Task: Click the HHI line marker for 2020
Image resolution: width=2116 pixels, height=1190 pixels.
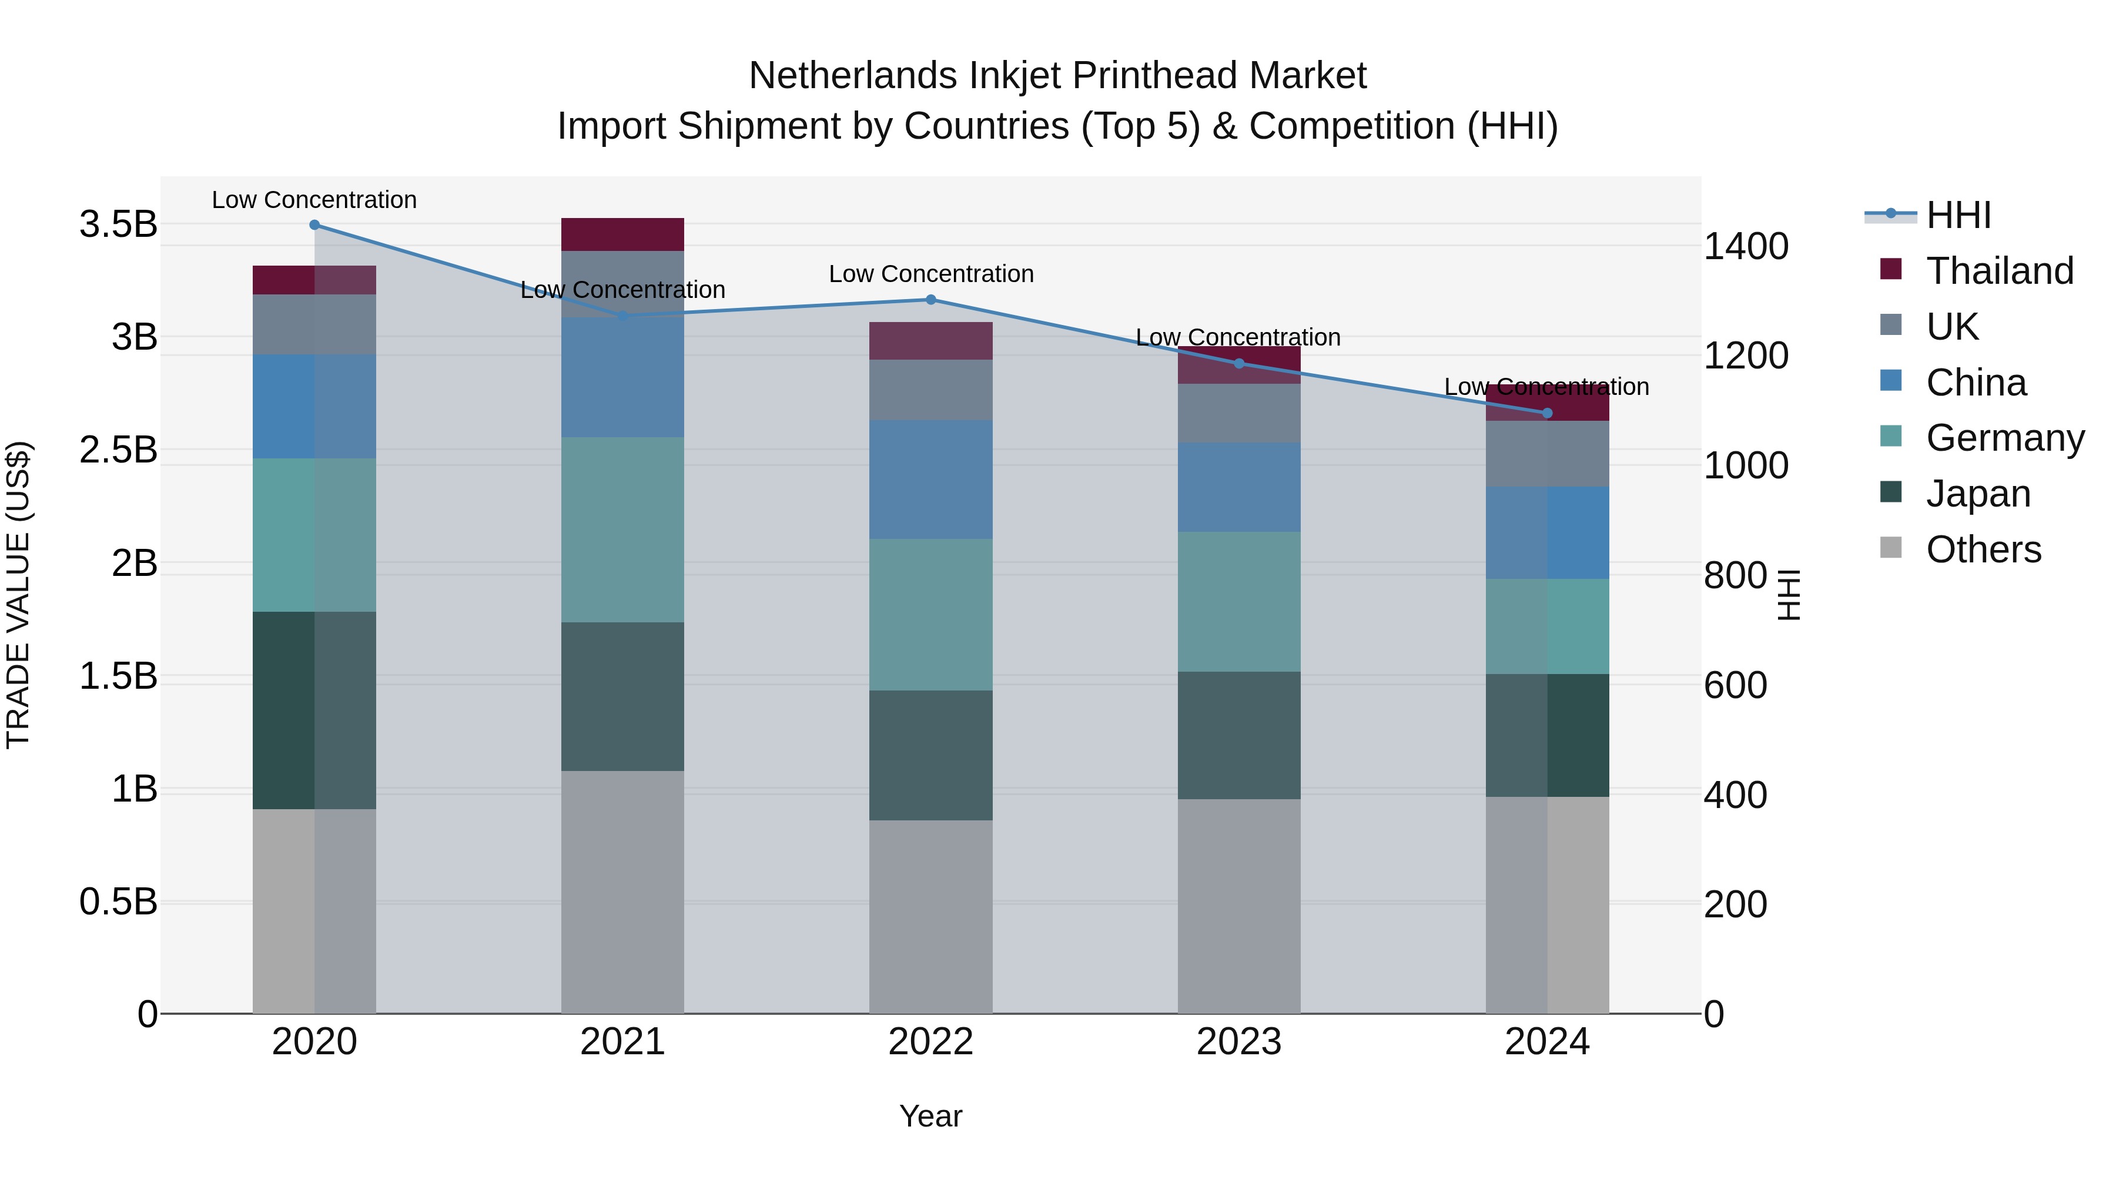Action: [x=314, y=225]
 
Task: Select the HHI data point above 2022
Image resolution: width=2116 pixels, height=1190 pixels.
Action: [x=930, y=300]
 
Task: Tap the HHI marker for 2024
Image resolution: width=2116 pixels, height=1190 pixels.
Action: [x=1548, y=413]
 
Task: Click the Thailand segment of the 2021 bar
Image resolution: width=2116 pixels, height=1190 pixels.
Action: [x=622, y=234]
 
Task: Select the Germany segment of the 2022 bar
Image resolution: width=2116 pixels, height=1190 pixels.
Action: [x=930, y=614]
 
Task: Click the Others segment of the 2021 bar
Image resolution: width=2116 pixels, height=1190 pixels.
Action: [x=622, y=891]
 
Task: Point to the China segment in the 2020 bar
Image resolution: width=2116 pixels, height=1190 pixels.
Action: [x=314, y=407]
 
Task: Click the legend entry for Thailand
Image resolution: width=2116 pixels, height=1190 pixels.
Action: [x=2000, y=271]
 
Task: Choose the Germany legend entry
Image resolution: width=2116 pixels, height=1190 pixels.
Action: [x=2004, y=438]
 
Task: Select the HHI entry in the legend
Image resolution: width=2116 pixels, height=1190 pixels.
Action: [x=1958, y=215]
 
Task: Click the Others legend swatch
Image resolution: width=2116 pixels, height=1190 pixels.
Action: [x=1891, y=548]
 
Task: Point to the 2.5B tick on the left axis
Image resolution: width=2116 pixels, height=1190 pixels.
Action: [x=118, y=450]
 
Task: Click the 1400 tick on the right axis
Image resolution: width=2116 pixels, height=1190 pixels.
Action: [x=1746, y=246]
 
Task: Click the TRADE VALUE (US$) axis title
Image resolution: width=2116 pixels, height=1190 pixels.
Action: [x=18, y=595]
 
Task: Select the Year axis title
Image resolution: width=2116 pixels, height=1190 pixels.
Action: [x=930, y=1116]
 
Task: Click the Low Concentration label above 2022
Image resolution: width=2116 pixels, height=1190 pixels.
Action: [x=930, y=274]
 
